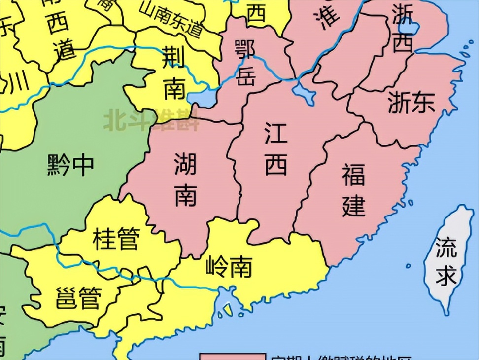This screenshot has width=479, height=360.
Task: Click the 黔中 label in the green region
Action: [70, 165]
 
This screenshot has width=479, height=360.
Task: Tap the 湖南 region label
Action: [185, 179]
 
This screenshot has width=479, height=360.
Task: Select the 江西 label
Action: [276, 149]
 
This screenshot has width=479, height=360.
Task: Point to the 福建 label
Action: [354, 190]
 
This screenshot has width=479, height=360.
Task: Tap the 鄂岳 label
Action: [245, 62]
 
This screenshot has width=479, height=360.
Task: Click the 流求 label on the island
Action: [446, 261]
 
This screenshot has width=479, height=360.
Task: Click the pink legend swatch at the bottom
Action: [232, 356]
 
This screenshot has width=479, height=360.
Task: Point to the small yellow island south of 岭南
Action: [227, 309]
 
